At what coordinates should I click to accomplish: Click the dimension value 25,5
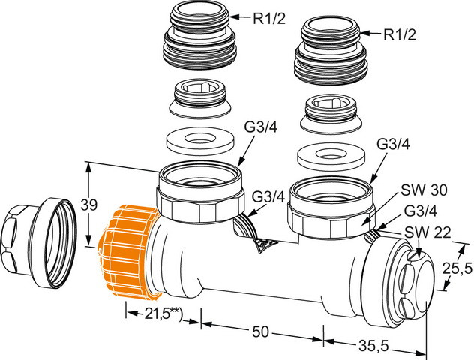[457, 267]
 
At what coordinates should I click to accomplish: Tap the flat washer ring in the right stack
[330, 155]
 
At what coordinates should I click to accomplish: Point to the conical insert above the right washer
[330, 113]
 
